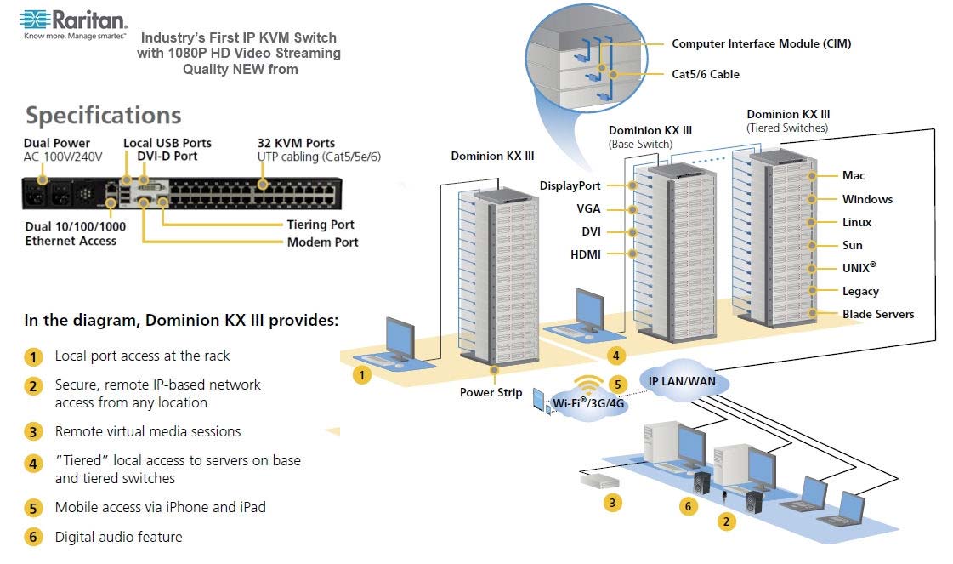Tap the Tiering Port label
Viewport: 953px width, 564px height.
pos(321,225)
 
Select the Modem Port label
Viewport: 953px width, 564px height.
pos(322,242)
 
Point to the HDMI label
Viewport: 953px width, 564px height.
pos(585,254)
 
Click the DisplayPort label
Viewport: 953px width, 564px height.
pos(570,185)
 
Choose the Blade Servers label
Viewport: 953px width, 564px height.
pos(878,314)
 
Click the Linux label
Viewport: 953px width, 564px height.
pos(856,222)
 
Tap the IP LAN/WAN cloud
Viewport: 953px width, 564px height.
pos(682,381)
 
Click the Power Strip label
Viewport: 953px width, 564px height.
pos(491,392)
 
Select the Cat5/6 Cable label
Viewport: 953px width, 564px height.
pos(706,74)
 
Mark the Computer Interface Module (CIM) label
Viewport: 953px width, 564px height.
pos(761,43)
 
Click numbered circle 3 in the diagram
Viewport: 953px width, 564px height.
pos(610,502)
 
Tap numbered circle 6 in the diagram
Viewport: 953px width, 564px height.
pos(689,507)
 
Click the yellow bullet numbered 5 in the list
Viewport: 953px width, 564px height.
pos(33,508)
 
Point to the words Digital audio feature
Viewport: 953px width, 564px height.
pos(118,537)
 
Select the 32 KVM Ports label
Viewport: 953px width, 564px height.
pos(296,143)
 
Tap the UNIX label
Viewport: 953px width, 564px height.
pos(859,267)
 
